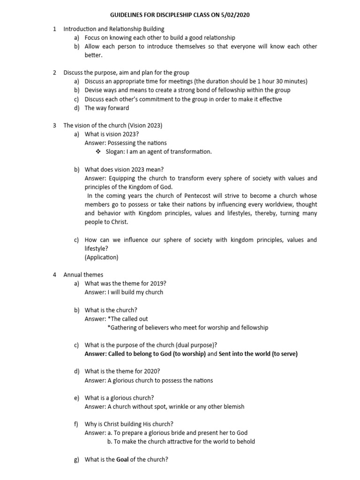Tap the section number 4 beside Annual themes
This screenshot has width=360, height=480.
tap(55, 275)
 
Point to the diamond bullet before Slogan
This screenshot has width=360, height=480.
tap(98, 152)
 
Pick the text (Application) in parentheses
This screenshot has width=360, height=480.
tap(102, 257)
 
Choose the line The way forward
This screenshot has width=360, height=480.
tap(107, 108)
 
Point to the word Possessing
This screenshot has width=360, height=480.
tap(121, 143)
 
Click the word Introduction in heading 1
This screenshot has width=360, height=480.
tap(80, 29)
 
